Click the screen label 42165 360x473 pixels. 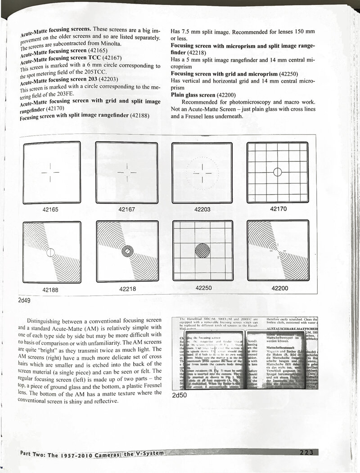tap(50, 210)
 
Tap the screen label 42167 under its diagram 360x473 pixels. tap(127, 210)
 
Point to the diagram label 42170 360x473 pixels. tap(278, 209)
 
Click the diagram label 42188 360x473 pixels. tap(50, 290)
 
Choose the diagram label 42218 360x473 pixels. tap(127, 289)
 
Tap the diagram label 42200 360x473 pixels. tap(279, 288)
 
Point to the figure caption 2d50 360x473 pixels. tap(179, 396)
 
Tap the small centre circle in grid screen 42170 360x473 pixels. tap(278, 172)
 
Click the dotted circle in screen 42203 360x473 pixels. tap(202, 172)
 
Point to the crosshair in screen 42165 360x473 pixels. tap(50, 172)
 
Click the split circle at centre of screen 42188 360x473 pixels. tap(50, 252)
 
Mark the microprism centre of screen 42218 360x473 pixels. tap(127, 250)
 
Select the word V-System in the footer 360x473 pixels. tap(146, 453)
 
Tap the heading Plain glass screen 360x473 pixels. tap(193, 95)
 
